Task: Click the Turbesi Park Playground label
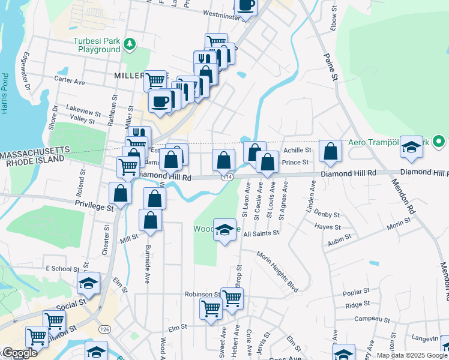click(97, 45)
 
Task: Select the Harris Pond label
click(5, 94)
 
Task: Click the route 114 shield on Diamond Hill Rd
click(226, 177)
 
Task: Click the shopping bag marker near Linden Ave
click(330, 152)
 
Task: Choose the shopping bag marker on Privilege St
click(121, 193)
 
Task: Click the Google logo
click(19, 353)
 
